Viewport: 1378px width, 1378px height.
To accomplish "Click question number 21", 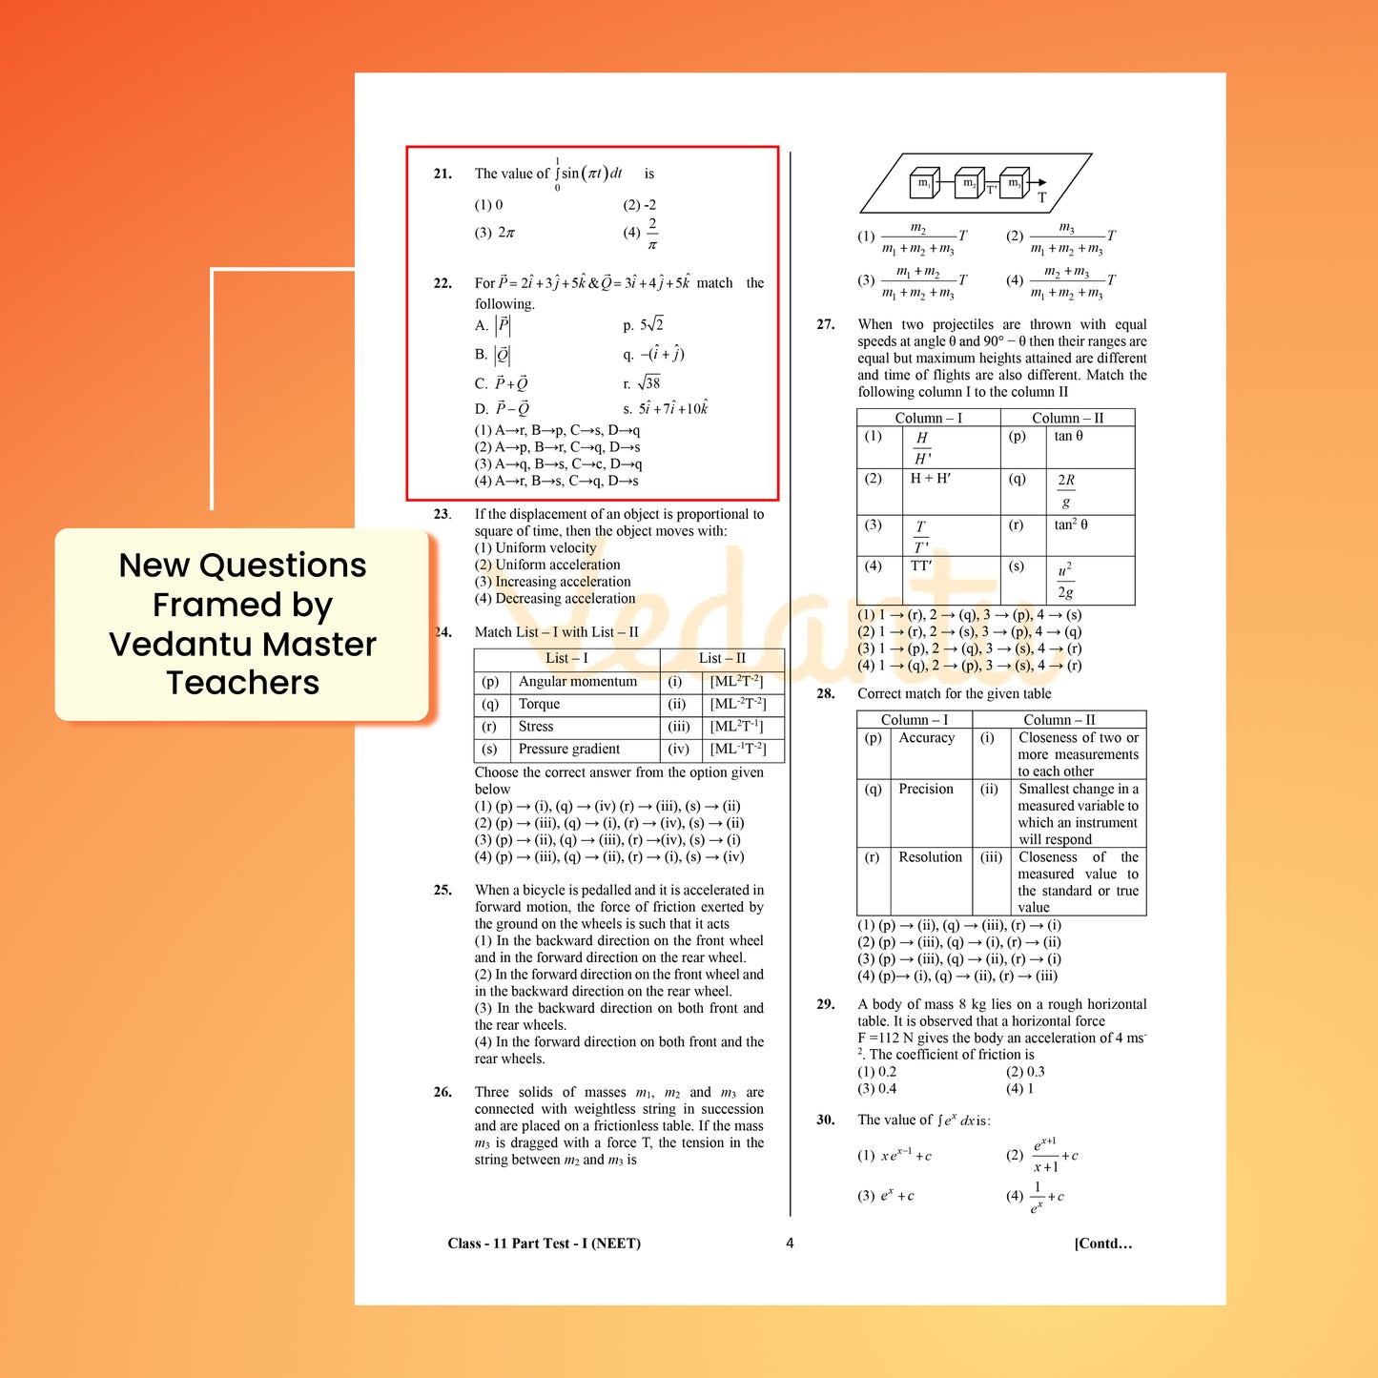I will click(442, 174).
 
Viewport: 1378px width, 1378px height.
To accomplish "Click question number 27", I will click(825, 324).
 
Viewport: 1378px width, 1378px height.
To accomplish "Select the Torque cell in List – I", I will click(539, 704).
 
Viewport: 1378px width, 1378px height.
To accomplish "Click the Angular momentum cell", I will click(577, 681).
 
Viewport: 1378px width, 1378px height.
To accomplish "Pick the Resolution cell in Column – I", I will click(930, 857).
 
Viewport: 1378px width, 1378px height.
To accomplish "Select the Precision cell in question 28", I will click(925, 789).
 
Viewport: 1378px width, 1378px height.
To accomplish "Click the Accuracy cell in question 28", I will click(926, 737).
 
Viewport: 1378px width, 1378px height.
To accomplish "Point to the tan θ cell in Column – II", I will click(1068, 436).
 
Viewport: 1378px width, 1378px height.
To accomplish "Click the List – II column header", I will click(722, 658).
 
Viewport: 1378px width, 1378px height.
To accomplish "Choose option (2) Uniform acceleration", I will click(547, 565).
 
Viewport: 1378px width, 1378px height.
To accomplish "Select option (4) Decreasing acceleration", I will click(555, 599).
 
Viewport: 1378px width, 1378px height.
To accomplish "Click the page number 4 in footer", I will click(790, 1243).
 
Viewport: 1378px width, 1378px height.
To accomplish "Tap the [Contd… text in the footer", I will click(1102, 1243).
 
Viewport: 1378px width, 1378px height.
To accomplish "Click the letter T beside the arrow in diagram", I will click(1041, 197).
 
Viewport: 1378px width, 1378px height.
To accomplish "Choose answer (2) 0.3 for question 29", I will click(1025, 1072).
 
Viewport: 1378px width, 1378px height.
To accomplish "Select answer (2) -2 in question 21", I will click(639, 205).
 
